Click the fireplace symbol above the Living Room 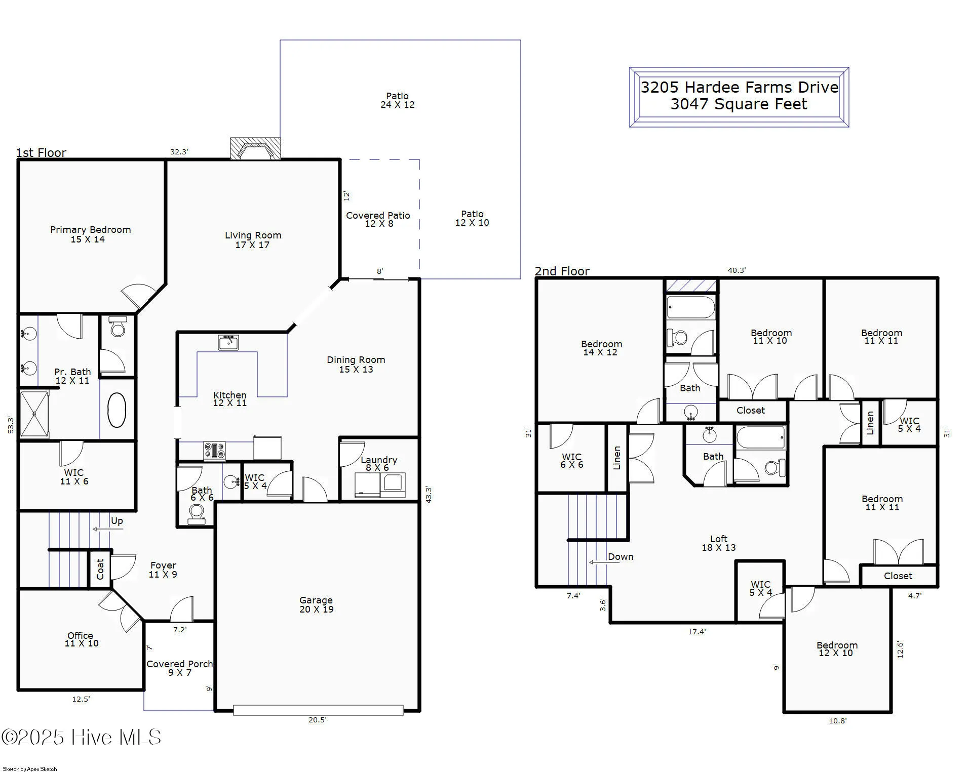(255, 149)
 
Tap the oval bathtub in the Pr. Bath (117, 410)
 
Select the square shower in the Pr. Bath (34, 414)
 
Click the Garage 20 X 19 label (316, 604)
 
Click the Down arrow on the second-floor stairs (598, 562)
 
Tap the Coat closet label (100, 569)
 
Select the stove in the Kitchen (214, 451)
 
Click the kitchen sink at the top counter (229, 342)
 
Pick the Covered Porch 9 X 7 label (179, 668)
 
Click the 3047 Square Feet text (739, 104)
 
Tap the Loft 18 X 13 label (718, 543)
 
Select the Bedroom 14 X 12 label (601, 348)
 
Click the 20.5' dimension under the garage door (317, 719)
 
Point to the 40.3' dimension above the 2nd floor (736, 270)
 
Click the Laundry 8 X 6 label (378, 463)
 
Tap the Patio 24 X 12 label (397, 100)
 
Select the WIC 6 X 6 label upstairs (571, 460)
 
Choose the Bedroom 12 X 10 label (836, 648)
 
